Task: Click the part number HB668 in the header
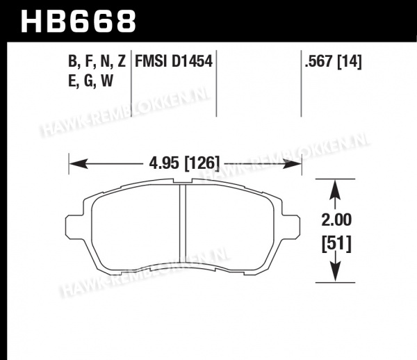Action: pos(79,22)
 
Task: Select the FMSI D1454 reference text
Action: pos(174,61)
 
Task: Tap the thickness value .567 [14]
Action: pos(333,62)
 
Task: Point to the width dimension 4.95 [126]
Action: pos(185,163)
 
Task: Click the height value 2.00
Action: pos(336,220)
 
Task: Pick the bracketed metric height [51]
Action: pos(336,245)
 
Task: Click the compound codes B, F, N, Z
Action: pos(97,62)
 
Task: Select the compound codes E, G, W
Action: pos(90,81)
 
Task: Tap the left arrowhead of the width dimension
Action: pos(78,163)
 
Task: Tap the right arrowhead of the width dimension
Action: pos(293,163)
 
